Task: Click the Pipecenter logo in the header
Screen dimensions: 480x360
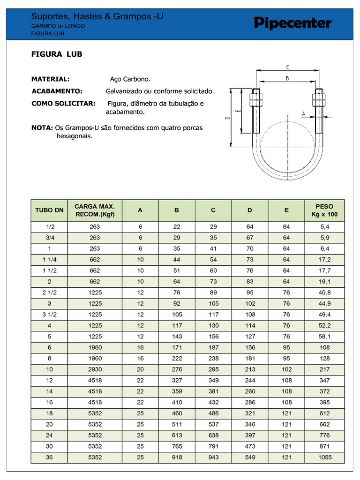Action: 292,23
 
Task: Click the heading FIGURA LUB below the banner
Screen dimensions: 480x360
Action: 57,54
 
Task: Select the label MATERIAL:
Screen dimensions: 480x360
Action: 50,79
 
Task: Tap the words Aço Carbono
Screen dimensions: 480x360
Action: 130,79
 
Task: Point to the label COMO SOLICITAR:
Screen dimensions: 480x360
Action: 63,103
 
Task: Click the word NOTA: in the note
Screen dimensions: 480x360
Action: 42,127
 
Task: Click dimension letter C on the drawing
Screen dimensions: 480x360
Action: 287,67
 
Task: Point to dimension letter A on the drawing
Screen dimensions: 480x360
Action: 303,113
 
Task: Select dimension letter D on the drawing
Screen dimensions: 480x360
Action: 227,119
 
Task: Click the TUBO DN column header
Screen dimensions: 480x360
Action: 49,210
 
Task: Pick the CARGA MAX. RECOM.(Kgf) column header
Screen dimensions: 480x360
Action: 95,210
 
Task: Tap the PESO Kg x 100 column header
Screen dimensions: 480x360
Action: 324,210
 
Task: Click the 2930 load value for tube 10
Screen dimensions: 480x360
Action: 95,369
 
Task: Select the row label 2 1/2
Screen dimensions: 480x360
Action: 49,292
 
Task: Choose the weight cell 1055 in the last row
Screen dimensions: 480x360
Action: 324,457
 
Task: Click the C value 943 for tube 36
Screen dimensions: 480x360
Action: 213,457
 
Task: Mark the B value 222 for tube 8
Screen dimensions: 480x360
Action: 177,359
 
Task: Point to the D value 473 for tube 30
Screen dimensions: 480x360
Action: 250,446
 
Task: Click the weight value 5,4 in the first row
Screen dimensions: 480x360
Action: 324,227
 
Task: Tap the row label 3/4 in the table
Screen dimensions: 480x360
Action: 49,238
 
